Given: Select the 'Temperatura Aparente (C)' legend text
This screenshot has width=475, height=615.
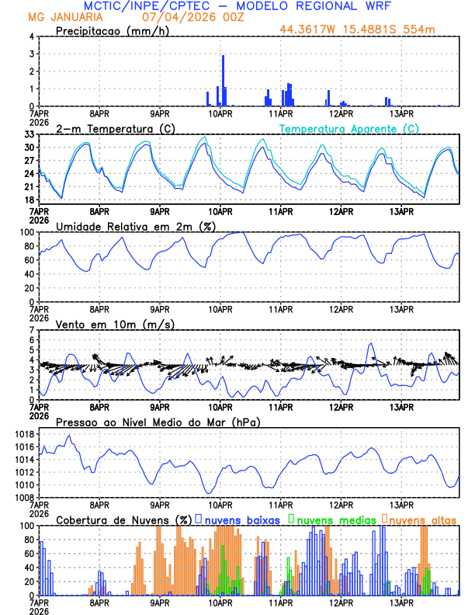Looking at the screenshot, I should click(349, 128).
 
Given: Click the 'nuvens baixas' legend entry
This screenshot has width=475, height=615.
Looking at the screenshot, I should click(241, 519).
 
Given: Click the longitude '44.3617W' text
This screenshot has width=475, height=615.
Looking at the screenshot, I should click(310, 30).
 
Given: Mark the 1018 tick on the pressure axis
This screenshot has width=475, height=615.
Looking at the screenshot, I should click(26, 435).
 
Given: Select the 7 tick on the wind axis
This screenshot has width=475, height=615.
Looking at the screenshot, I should click(32, 331).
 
